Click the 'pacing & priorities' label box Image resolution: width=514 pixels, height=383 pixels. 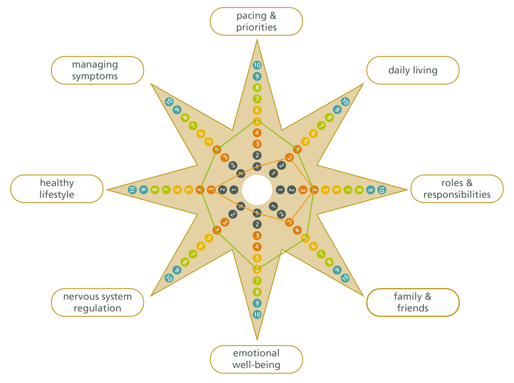pyautogui.click(x=256, y=21)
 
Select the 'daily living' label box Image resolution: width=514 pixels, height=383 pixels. pyautogui.click(x=413, y=70)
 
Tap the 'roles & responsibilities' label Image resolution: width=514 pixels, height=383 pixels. pyautogui.click(x=457, y=189)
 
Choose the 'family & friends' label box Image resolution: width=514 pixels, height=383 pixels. pyautogui.click(x=413, y=302)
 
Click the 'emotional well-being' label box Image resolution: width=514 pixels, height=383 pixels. pyautogui.click(x=256, y=359)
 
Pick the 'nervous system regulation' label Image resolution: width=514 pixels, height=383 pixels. pyautogui.click(x=97, y=302)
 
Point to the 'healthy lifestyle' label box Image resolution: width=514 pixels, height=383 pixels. pyautogui.click(x=57, y=189)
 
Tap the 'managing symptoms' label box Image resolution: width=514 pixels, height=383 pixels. pyautogui.click(x=97, y=70)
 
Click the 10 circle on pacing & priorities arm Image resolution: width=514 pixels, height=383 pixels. pyautogui.click(x=257, y=65)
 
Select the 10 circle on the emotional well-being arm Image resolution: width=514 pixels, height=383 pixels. pyautogui.click(x=257, y=314)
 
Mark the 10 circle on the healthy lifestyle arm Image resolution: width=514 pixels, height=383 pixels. pyautogui.click(x=132, y=190)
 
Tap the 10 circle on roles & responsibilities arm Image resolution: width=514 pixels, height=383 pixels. pyautogui.click(x=381, y=190)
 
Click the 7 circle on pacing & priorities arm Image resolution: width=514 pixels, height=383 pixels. pyautogui.click(x=257, y=99)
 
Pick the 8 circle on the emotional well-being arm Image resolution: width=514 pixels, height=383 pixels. pyautogui.click(x=257, y=292)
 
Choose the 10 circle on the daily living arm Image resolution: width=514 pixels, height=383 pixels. pyautogui.click(x=345, y=102)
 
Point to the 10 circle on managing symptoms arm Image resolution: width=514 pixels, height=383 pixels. pyautogui.click(x=169, y=102)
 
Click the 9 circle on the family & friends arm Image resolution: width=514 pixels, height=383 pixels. pyautogui.click(x=337, y=270)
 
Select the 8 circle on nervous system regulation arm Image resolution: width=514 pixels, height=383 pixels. pyautogui.click(x=185, y=262)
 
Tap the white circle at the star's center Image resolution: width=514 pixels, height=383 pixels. pyautogui.click(x=257, y=190)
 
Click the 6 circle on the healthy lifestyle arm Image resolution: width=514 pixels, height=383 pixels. pyautogui.click(x=177, y=190)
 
